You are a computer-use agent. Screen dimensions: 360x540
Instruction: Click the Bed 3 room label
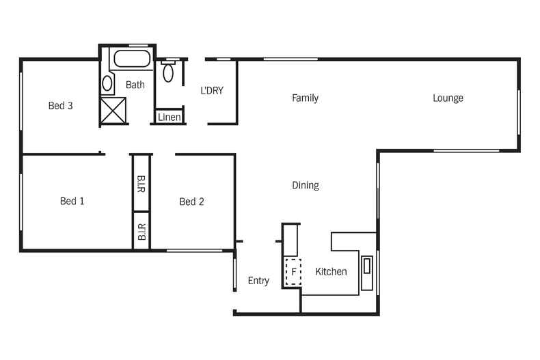click(x=60, y=106)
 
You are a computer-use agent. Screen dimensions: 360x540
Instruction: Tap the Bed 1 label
click(x=72, y=201)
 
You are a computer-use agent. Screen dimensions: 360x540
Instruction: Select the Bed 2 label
click(x=191, y=202)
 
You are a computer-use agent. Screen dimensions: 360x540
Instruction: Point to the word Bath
click(x=135, y=85)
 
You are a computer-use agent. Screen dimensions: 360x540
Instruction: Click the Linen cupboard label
click(x=170, y=117)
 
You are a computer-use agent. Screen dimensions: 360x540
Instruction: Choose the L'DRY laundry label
click(x=212, y=90)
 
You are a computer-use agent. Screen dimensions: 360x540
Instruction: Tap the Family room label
click(x=305, y=98)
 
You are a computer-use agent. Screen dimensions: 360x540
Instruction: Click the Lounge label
click(x=448, y=98)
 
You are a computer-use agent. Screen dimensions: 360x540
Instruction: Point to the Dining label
click(x=305, y=185)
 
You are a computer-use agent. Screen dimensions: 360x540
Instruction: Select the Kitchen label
click(x=331, y=272)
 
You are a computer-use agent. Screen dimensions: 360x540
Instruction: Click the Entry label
click(x=258, y=281)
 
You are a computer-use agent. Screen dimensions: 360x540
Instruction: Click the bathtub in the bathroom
click(x=133, y=59)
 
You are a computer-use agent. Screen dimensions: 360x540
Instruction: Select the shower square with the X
click(x=113, y=111)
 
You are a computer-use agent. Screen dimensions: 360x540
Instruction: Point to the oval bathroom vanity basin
click(x=107, y=84)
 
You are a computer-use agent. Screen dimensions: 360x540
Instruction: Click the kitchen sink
click(x=367, y=273)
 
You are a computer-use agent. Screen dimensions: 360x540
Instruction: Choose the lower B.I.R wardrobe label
click(x=141, y=232)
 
